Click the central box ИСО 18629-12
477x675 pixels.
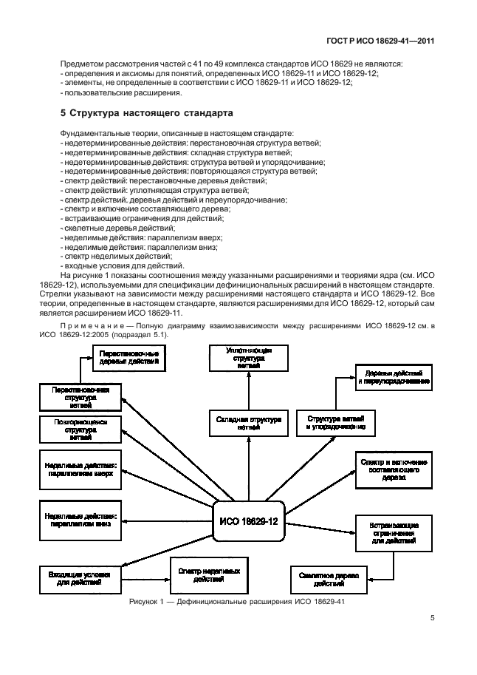[249, 521]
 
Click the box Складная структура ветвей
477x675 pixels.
[248, 422]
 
